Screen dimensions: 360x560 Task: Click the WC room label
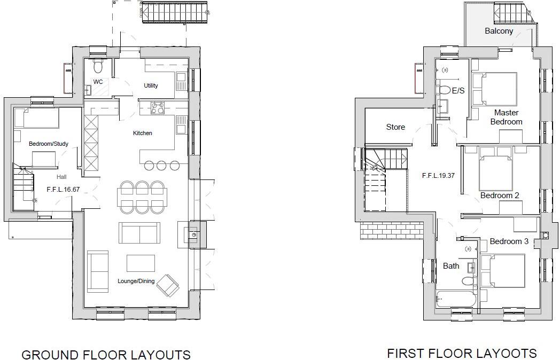pos(98,82)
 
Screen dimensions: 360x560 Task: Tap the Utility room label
pos(151,85)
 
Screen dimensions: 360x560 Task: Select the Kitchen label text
pos(143,133)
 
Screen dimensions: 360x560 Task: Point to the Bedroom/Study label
pos(48,144)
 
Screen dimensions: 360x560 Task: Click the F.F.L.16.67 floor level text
pos(63,189)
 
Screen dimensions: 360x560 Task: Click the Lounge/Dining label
pos(136,281)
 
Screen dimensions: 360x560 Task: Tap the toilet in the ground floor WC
pos(97,66)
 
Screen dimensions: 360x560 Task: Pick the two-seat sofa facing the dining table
pos(139,233)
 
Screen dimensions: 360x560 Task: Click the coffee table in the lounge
pos(141,263)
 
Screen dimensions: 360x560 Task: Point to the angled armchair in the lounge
pos(168,286)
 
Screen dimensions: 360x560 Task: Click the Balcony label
pos(499,31)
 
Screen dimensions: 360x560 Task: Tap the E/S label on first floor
pos(458,91)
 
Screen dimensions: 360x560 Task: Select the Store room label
pos(395,127)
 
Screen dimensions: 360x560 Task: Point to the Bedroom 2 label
pos(500,195)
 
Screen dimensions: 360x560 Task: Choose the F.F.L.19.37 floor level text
pos(438,175)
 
